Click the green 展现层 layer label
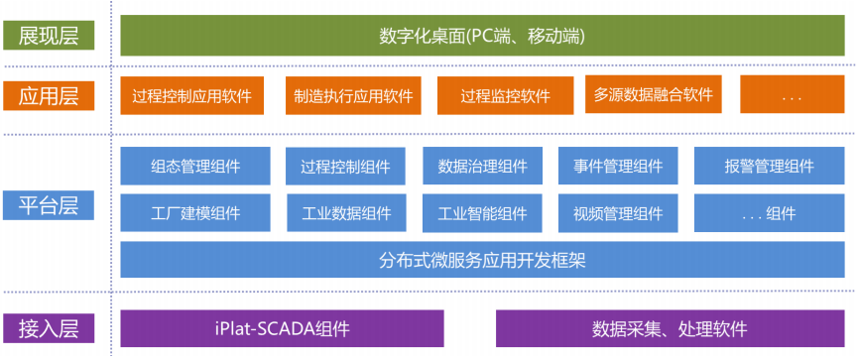49,36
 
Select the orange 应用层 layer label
49,96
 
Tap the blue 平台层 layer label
49,207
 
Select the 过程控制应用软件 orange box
191,97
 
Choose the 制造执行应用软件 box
352,97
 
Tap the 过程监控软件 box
505,97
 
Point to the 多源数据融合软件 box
653,95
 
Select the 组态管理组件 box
195,167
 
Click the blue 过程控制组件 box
345,167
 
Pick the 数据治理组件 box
482,167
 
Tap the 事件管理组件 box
618,167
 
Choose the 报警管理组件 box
769,167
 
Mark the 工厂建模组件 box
195,212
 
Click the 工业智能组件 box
482,212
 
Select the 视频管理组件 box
618,212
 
